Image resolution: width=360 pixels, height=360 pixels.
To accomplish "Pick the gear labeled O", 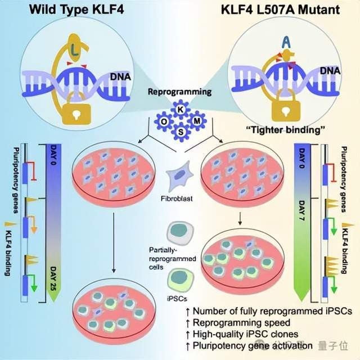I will (x=164, y=121).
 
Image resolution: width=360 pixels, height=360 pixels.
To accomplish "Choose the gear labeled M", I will (x=196, y=121).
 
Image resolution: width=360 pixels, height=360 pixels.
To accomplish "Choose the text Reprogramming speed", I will (x=237, y=322).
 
